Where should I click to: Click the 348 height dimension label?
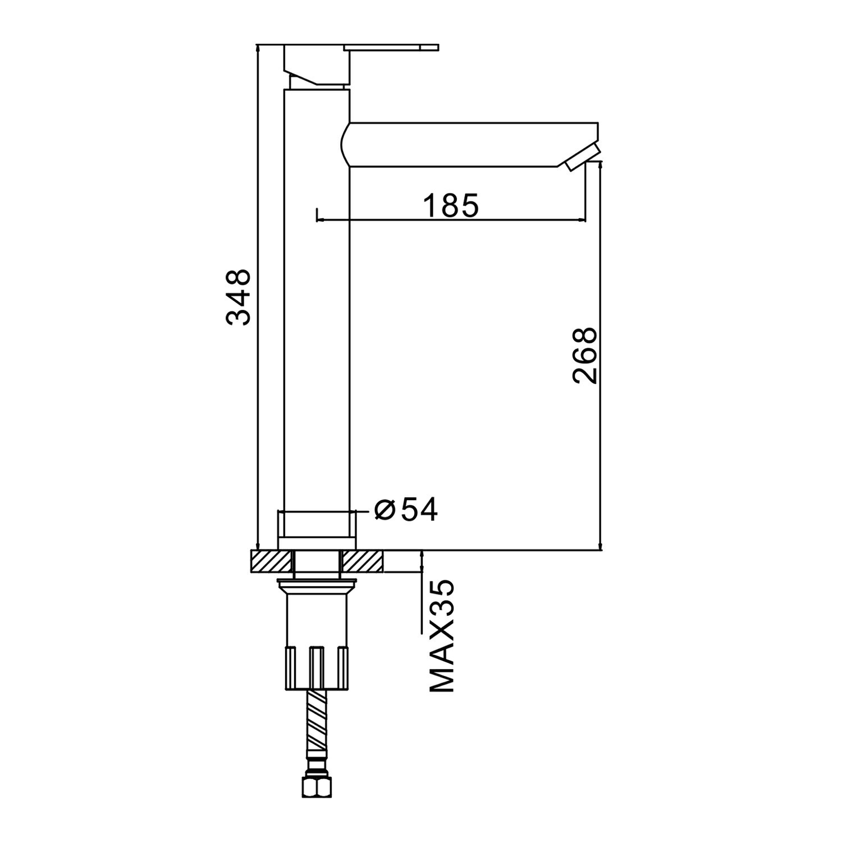[x=239, y=297]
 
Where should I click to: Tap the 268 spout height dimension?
[x=585, y=355]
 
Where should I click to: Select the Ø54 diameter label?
[x=406, y=510]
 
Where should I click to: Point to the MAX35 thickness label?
[x=441, y=636]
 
